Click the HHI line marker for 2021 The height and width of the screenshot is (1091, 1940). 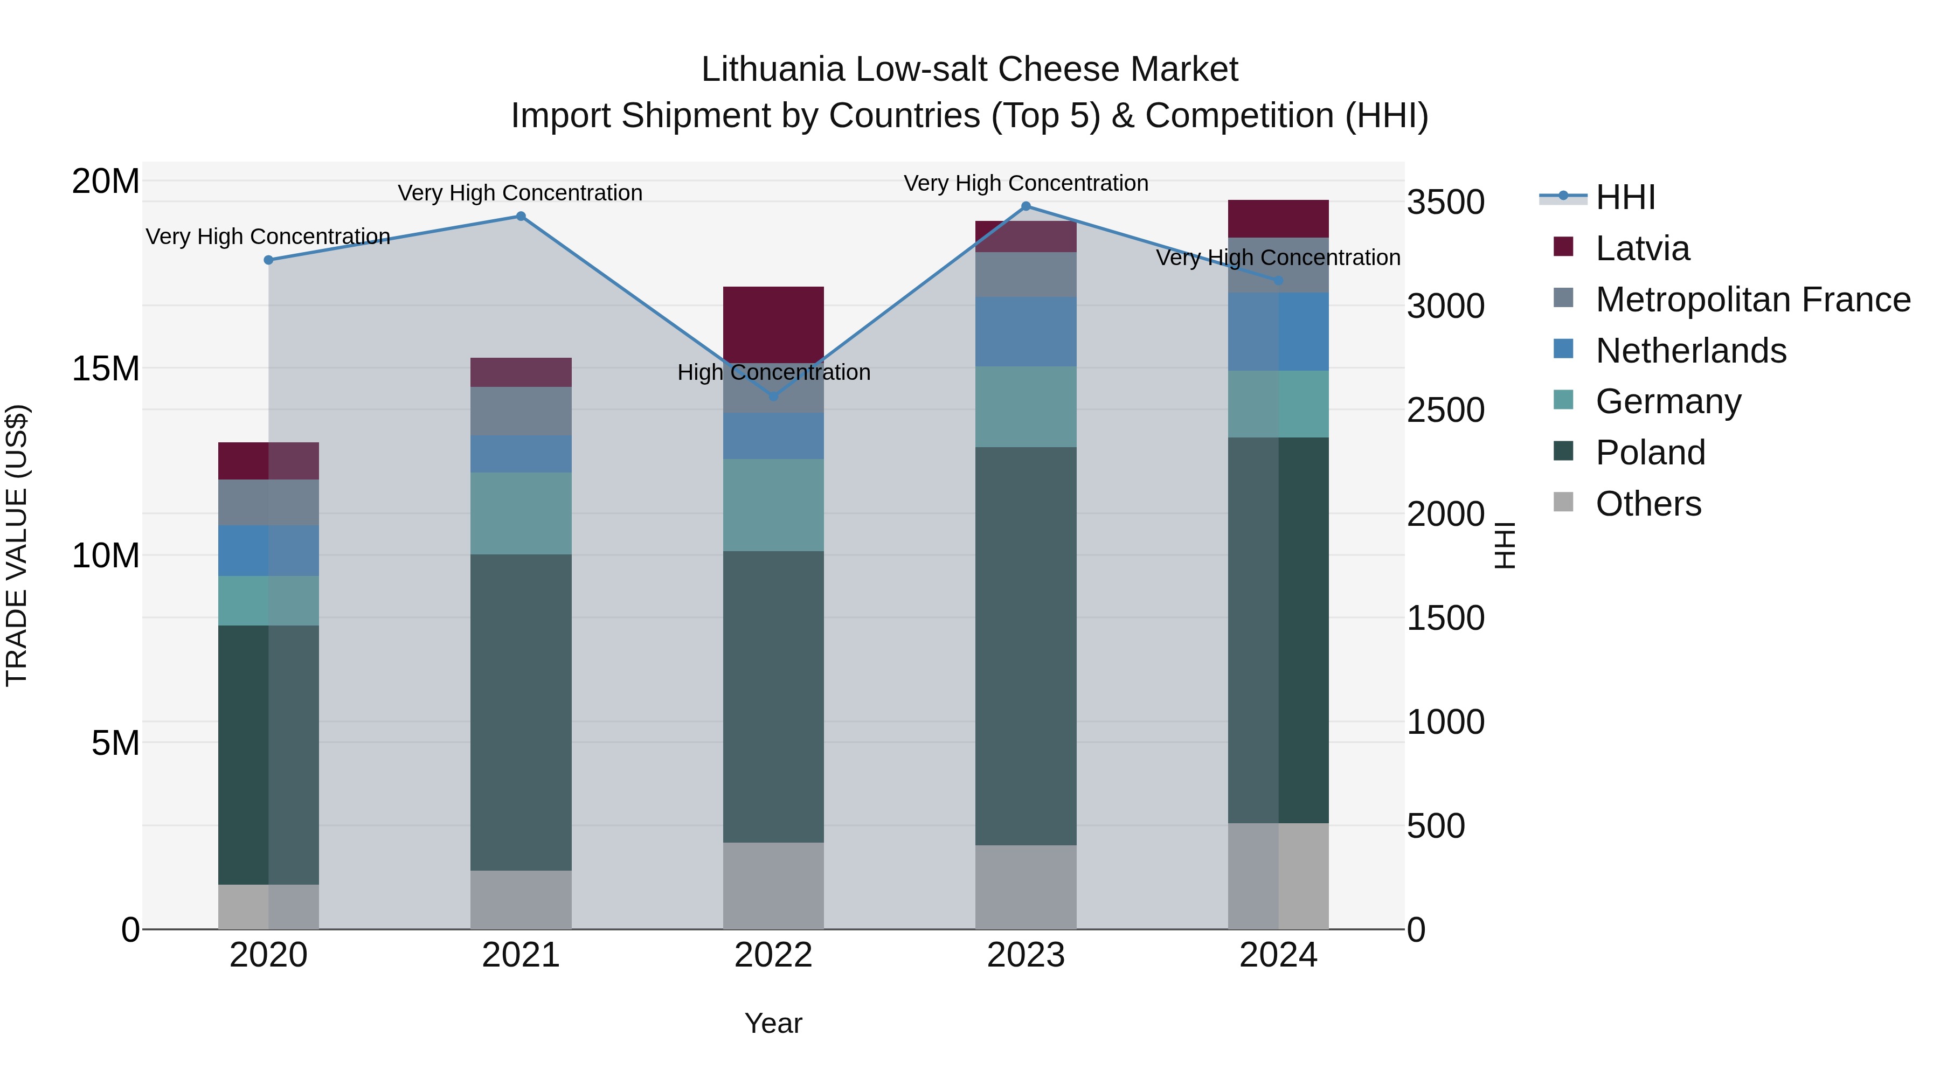point(521,216)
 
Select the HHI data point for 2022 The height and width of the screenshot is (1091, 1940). point(773,396)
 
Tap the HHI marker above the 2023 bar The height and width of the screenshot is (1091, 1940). point(1026,206)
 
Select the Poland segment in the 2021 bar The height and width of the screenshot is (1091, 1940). point(521,712)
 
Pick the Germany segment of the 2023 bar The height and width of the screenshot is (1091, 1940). point(1026,407)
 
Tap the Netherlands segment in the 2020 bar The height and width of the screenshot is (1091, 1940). point(268,551)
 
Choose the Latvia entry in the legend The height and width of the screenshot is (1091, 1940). point(1642,248)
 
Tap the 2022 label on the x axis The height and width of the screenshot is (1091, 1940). point(773,955)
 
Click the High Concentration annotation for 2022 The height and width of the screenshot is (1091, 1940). point(773,372)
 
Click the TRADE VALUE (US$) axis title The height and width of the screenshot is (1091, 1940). point(17,545)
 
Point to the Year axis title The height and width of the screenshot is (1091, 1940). point(773,1023)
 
